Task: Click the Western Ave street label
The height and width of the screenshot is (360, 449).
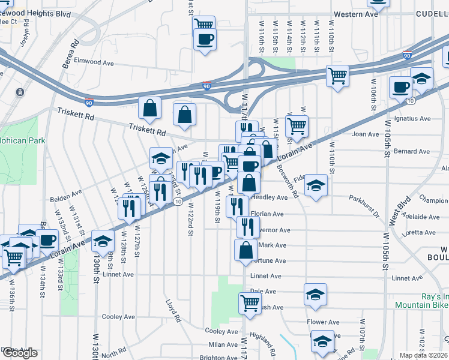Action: [x=356, y=14]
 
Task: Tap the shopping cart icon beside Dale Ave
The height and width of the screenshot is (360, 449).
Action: [x=250, y=302]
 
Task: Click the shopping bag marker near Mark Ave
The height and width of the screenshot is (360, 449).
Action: [x=246, y=250]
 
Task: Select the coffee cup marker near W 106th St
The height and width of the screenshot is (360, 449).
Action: [x=400, y=88]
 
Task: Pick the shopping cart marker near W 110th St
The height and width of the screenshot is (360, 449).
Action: [x=337, y=76]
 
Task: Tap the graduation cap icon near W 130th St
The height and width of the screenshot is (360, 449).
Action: [x=103, y=241]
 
